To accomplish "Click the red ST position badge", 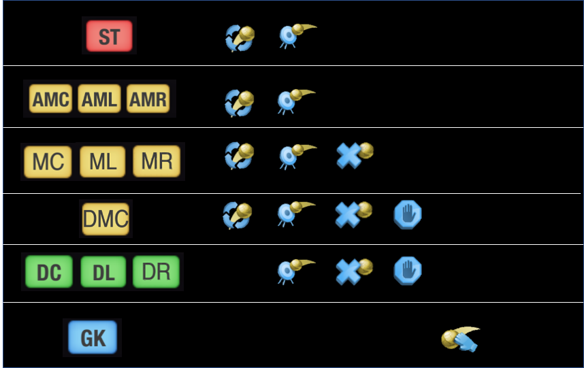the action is click(109, 36).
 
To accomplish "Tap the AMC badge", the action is click(50, 100).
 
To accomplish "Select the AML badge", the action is click(99, 100).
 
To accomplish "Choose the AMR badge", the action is click(148, 100).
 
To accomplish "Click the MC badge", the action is click(48, 162).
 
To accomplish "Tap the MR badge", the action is click(157, 162).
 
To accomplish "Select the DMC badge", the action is click(106, 218).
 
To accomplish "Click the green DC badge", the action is click(48, 272).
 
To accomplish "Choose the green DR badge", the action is click(157, 272).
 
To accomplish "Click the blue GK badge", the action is click(93, 338).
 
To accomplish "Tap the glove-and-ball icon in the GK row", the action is click(460, 339).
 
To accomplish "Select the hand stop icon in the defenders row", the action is click(408, 270).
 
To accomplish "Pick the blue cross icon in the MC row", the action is click(354, 156).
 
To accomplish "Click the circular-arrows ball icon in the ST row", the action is click(240, 39).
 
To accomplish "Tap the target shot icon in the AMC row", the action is click(295, 101).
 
